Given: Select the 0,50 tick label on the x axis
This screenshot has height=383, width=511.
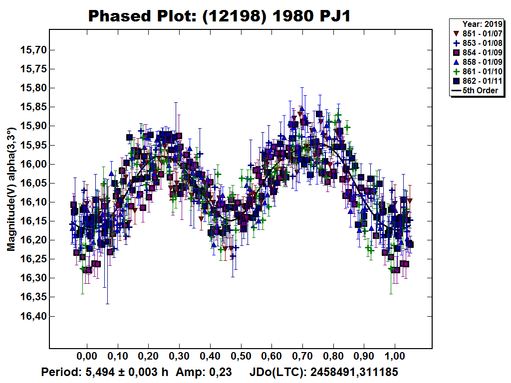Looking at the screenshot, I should (241, 357).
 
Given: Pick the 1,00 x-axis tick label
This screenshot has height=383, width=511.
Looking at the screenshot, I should (395, 357).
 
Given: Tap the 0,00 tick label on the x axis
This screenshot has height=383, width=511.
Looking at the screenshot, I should (87, 357).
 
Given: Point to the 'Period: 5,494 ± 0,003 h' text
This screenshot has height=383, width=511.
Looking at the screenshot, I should (105, 373).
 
